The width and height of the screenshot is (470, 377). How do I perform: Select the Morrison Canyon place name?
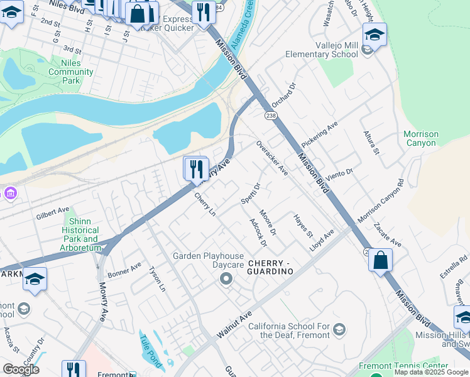click(420, 138)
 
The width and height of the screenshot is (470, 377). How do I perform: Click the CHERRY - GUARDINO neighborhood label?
click(270, 266)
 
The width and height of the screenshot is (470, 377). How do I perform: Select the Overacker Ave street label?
click(271, 158)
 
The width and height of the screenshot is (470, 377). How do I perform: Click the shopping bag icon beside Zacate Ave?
click(380, 261)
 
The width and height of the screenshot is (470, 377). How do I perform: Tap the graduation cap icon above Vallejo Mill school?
click(374, 35)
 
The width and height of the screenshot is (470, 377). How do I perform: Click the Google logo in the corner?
click(21, 369)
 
